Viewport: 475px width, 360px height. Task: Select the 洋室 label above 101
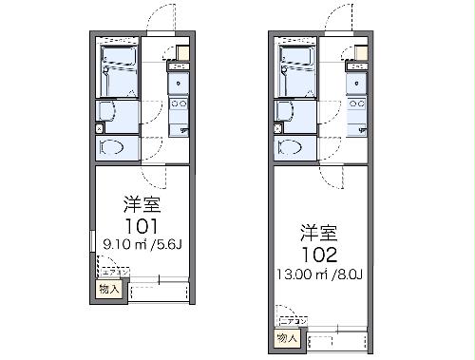(140, 204)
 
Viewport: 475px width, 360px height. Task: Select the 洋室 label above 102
(319, 231)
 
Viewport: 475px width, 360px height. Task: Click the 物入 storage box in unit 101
(110, 289)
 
